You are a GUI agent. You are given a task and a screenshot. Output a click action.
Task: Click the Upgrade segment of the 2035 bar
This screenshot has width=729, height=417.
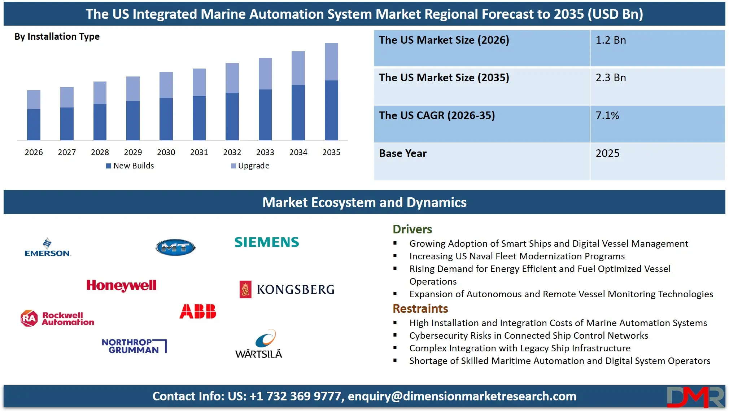click(x=331, y=62)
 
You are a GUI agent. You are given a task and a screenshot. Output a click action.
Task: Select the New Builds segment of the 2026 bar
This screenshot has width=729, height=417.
click(x=34, y=124)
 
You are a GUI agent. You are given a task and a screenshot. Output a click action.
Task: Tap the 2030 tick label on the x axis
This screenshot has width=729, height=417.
click(x=166, y=152)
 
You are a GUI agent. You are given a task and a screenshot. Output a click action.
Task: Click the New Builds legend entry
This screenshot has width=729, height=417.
click(x=130, y=166)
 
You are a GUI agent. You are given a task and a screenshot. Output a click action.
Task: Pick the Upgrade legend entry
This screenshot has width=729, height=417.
click(x=250, y=166)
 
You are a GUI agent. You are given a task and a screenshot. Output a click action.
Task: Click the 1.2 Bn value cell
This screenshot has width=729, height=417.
click(x=611, y=40)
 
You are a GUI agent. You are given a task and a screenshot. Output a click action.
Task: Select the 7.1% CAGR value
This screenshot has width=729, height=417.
click(x=607, y=115)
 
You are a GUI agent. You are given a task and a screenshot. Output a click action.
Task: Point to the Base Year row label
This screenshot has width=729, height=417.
click(x=403, y=153)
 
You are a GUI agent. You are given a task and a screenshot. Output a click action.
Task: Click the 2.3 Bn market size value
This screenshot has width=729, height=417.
click(x=611, y=78)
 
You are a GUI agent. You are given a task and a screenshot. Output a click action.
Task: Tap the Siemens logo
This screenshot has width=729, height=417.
click(x=267, y=242)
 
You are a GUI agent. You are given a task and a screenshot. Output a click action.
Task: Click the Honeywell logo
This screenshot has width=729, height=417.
click(x=121, y=285)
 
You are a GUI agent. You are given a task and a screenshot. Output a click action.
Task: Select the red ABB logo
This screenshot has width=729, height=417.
click(x=198, y=311)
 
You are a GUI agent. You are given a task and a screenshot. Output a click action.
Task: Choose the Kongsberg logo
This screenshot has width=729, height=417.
click(x=287, y=289)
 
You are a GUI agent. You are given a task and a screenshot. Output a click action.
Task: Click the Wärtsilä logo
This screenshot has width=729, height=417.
click(x=259, y=344)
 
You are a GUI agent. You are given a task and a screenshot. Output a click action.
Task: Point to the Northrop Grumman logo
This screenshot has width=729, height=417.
click(x=134, y=346)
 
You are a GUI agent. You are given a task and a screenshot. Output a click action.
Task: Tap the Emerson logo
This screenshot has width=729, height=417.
click(x=47, y=247)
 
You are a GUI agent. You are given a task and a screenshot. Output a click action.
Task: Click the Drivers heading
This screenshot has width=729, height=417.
click(x=412, y=229)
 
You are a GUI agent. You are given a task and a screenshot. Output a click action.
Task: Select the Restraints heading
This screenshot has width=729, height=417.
click(x=420, y=308)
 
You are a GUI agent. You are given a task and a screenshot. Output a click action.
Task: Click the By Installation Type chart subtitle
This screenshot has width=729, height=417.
click(x=57, y=36)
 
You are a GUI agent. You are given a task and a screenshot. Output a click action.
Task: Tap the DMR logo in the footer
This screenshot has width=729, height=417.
click(x=695, y=397)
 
